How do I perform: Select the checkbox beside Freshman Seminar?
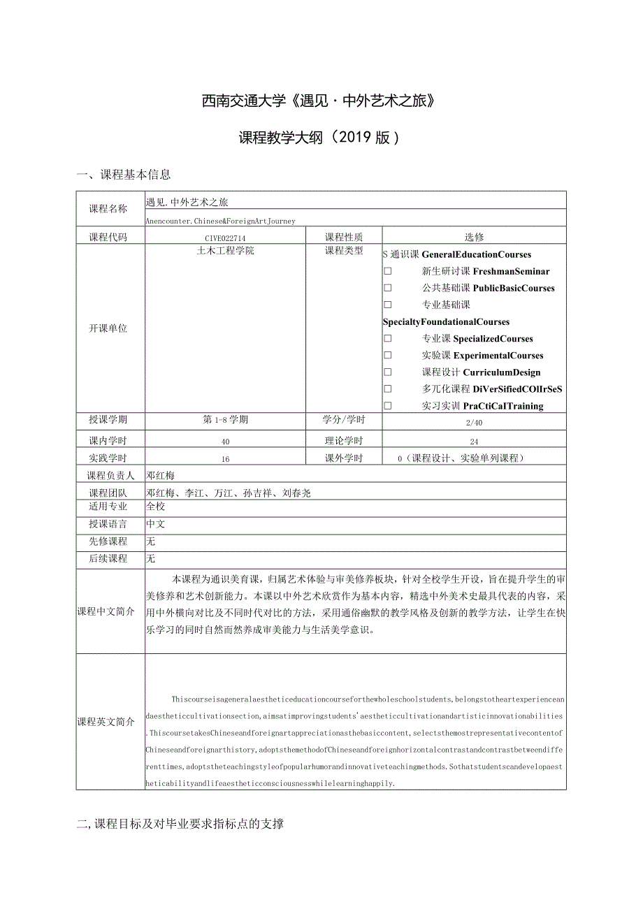point(388,271)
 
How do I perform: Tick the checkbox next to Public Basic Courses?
point(388,288)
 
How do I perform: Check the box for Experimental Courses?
point(388,355)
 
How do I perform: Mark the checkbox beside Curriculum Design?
point(388,372)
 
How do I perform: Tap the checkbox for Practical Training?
point(388,406)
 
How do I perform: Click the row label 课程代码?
point(108,238)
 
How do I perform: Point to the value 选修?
point(474,238)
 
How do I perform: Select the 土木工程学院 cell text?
point(225,251)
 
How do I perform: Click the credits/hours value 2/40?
point(473,423)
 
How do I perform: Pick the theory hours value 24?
point(473,441)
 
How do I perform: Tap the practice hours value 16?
point(225,459)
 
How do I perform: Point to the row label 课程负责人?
point(110,476)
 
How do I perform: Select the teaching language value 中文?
point(155,524)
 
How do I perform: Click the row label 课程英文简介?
point(106,722)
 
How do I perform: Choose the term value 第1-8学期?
point(225,420)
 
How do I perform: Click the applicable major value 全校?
point(155,507)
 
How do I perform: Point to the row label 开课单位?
point(108,328)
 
